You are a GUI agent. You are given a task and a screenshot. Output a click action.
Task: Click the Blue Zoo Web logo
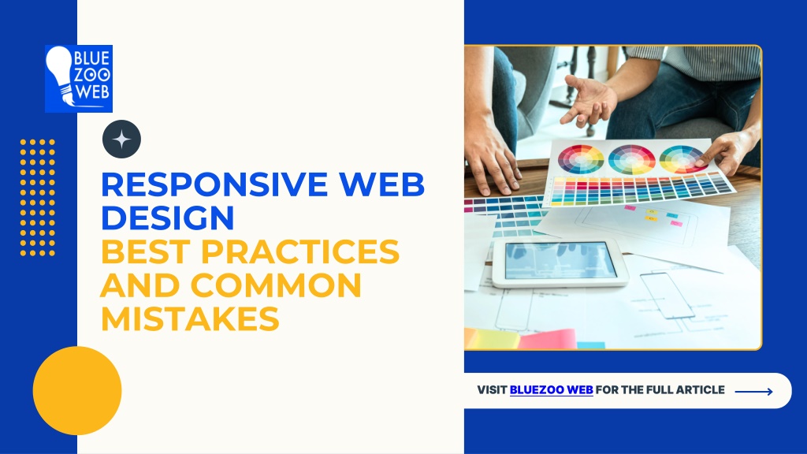coord(78,79)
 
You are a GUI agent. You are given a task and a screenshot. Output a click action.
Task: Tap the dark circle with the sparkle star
coord(122,140)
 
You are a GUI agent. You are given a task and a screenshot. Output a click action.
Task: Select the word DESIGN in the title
coord(168,217)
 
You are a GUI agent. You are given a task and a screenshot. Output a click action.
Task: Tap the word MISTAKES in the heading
coord(190,318)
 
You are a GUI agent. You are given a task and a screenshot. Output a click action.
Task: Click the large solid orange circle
coord(77,391)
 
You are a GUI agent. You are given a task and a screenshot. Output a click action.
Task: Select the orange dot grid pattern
coord(37,197)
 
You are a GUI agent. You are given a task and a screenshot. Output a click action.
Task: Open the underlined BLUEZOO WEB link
coord(551,390)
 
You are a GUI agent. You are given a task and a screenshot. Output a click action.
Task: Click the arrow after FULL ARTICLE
coord(753,391)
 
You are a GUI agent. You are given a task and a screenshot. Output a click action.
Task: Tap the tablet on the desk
coord(560,262)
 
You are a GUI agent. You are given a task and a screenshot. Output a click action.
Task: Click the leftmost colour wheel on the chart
coord(581,159)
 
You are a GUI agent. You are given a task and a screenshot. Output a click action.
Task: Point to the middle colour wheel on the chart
coord(631,159)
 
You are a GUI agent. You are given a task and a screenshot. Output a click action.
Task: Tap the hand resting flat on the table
coord(491,162)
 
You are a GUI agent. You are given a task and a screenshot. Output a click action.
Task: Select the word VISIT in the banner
coord(492,390)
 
